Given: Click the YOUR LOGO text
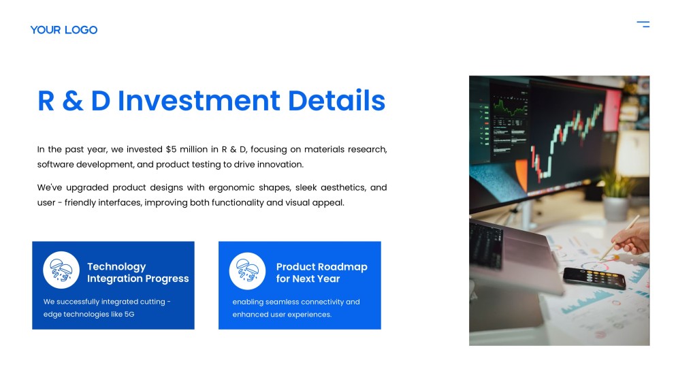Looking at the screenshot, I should pos(64,30).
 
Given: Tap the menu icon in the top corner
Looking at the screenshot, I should pos(643,25).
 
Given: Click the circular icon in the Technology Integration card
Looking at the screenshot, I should pos(61,270).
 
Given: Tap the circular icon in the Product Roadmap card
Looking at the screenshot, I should pos(248,270).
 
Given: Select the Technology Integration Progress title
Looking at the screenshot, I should pos(138,272).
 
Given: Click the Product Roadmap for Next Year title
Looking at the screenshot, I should pos(321,272).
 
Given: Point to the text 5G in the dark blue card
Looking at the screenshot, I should pos(129,315).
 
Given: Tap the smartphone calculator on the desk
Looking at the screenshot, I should pos(594,277).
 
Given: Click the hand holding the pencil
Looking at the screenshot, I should pos(630,242).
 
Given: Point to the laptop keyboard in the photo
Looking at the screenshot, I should pos(485,245).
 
